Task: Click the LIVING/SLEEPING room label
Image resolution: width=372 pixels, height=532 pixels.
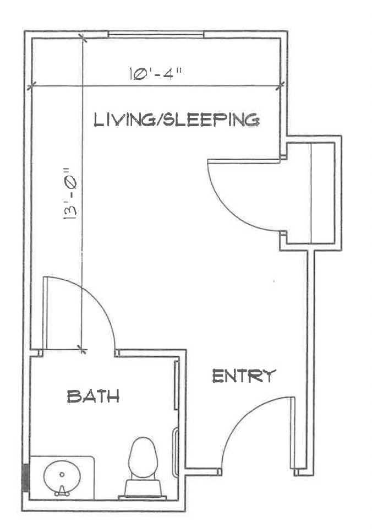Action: (177, 120)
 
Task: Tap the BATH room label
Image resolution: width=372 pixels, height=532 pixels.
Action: (93, 397)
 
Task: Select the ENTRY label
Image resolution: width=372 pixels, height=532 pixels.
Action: (244, 376)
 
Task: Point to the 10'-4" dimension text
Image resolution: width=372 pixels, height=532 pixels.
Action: (156, 74)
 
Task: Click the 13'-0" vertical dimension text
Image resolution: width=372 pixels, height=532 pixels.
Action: (70, 194)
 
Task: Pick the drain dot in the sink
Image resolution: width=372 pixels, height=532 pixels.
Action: (62, 474)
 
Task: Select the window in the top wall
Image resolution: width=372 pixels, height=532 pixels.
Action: (156, 34)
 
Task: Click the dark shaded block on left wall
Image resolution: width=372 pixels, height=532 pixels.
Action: (26, 477)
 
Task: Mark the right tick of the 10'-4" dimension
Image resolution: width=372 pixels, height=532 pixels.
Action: (280, 86)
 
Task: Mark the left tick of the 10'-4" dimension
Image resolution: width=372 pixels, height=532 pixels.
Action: (31, 86)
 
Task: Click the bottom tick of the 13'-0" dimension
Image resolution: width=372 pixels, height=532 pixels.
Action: (82, 349)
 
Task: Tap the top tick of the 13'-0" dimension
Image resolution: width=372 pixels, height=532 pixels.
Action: (83, 38)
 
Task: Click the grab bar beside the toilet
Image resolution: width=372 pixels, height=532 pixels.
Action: (176, 452)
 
